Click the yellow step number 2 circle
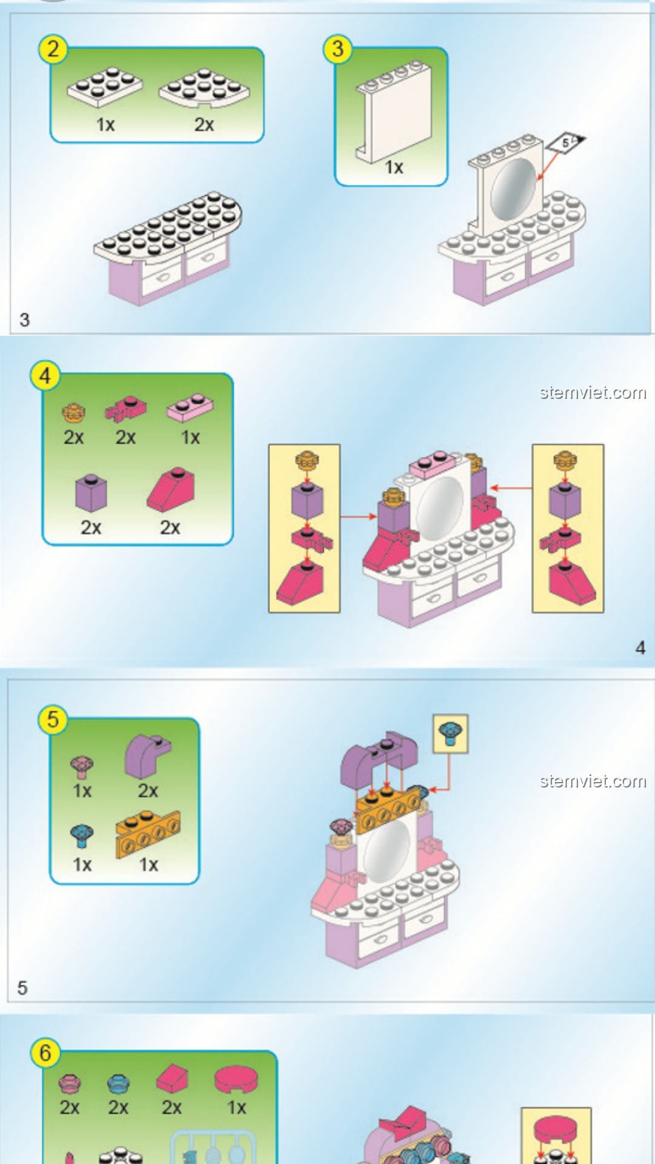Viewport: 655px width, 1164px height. (x=53, y=49)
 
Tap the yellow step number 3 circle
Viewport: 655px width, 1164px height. (x=338, y=49)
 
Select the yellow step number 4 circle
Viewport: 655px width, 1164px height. (x=45, y=376)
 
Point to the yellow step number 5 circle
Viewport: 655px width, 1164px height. (x=53, y=720)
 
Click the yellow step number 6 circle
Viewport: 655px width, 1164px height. (x=45, y=1053)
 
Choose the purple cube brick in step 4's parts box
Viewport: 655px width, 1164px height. (x=91, y=492)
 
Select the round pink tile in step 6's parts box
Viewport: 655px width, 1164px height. (x=236, y=1080)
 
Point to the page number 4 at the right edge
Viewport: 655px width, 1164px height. (x=640, y=647)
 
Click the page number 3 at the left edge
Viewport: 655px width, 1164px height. (x=24, y=319)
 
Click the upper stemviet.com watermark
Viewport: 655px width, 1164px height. (x=593, y=393)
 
